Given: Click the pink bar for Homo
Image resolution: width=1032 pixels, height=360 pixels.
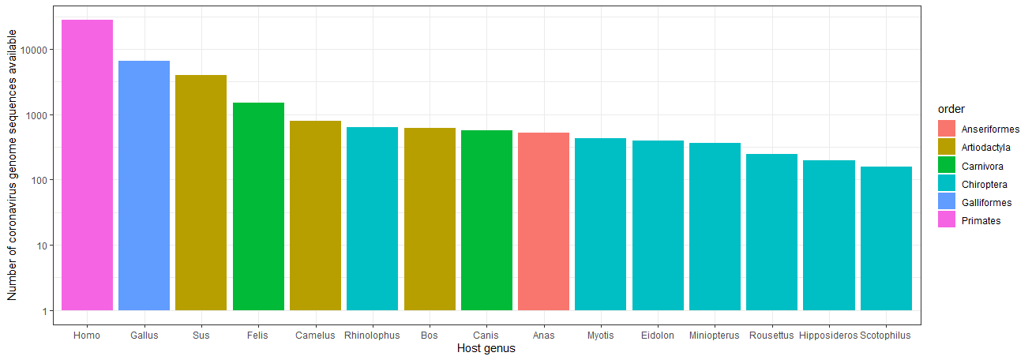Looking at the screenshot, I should (87, 165).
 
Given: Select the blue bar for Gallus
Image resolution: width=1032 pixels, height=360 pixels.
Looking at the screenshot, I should (144, 186).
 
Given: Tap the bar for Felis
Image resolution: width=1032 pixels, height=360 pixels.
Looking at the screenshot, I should (258, 206).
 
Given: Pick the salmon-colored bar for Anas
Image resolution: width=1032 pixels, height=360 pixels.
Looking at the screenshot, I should (543, 221).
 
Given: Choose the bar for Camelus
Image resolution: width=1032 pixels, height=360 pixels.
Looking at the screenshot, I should (315, 216).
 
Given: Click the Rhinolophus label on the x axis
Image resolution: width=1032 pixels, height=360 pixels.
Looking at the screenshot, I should (372, 336).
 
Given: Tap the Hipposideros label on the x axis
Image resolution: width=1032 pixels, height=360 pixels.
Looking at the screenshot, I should (828, 336).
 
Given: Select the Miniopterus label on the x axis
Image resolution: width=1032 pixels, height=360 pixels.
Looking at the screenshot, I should (715, 336).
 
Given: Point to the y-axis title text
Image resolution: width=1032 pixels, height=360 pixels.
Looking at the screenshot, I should (12, 165).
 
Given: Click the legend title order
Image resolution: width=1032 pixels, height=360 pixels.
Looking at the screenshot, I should (950, 109).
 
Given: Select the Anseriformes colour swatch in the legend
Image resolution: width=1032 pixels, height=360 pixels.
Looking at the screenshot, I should (947, 129).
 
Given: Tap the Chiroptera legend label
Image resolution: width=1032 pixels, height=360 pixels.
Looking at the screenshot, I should (984, 185).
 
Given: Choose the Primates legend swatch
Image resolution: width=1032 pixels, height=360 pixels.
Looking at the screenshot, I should (947, 220).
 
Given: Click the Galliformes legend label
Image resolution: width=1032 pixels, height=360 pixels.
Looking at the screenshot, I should (986, 203).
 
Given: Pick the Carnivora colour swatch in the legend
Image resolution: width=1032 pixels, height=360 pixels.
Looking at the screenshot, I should (947, 166).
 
